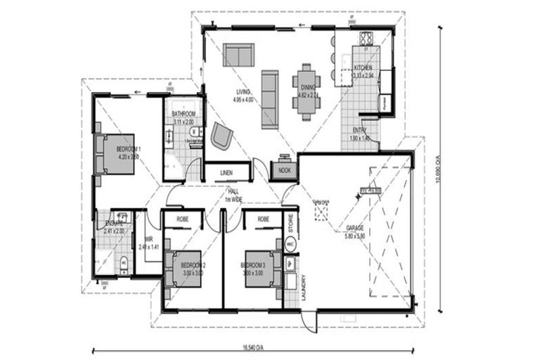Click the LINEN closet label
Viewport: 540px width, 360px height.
pos(226,172)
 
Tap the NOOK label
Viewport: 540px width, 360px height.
pos(285,171)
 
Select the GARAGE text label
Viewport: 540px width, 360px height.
pos(355,229)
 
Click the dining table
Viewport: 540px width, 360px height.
pos(307,88)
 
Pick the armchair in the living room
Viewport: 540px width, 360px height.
pos(221,136)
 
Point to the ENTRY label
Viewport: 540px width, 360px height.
pos(359,130)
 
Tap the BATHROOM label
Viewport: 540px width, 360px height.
pos(184,114)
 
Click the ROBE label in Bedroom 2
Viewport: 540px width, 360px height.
pos(182,219)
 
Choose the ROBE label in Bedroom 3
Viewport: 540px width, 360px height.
pos(263,219)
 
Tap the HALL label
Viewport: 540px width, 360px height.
pos(232,191)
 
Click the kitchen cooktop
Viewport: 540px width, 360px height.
pos(366,39)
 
